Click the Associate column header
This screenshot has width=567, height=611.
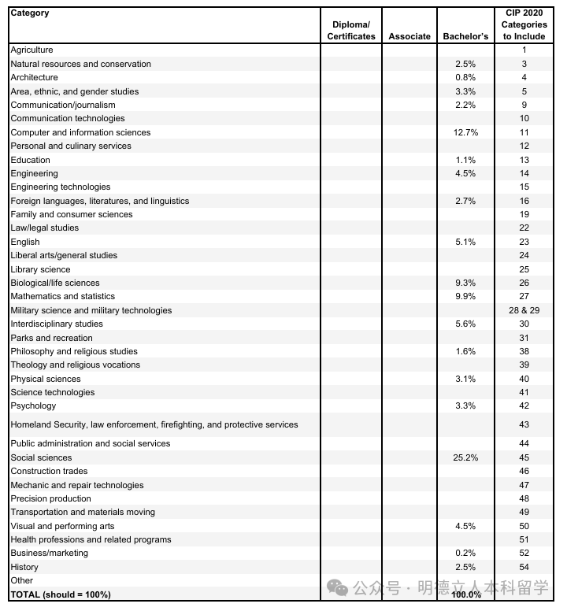tap(409, 36)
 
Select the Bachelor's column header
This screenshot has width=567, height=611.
tap(465, 36)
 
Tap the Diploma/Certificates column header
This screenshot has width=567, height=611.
tap(351, 31)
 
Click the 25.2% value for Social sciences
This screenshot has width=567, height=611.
tap(465, 457)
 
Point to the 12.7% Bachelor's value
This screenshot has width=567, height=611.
tap(465, 132)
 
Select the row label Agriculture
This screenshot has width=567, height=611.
tap(31, 50)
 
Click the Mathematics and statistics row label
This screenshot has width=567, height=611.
tap(62, 297)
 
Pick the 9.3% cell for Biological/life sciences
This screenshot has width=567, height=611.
tap(465, 283)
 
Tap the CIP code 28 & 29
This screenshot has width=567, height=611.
tap(524, 310)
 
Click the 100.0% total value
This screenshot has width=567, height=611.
tap(467, 594)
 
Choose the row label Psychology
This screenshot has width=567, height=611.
tap(33, 406)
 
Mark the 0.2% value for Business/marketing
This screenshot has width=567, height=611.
tap(465, 554)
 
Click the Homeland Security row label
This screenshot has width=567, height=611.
tap(154, 425)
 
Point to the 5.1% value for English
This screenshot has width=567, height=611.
tap(465, 242)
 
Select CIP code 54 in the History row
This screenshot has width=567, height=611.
tap(524, 567)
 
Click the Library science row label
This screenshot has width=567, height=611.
tap(40, 269)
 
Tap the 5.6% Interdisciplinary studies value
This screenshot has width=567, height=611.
tap(465, 324)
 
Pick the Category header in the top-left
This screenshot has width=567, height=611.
tap(29, 13)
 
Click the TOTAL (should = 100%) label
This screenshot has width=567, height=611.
tap(61, 594)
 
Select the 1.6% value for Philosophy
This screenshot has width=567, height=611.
tap(465, 352)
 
